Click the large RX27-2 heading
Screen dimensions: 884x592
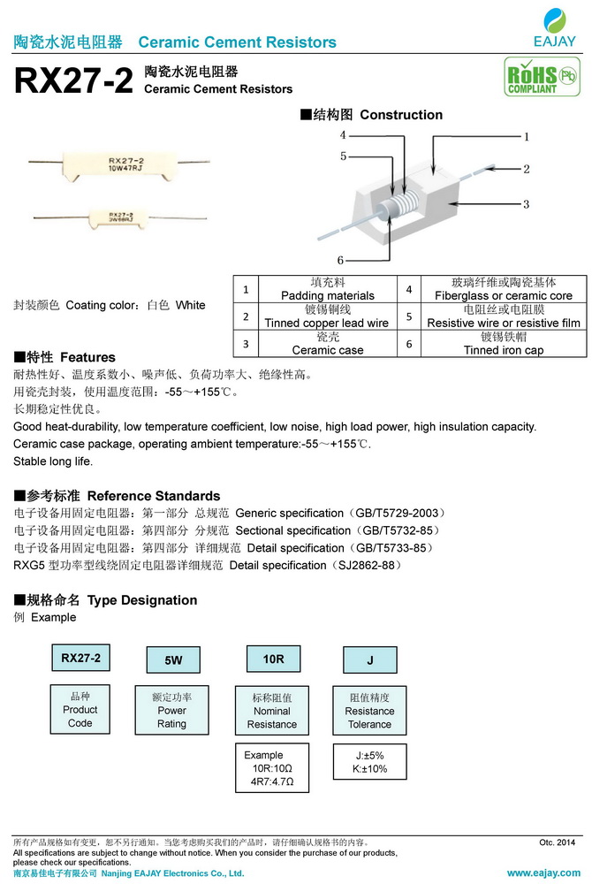(74, 81)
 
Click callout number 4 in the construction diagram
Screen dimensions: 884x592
(342, 135)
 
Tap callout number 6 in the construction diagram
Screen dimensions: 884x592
(340, 260)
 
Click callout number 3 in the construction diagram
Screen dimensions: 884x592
(526, 204)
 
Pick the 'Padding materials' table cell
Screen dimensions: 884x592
(327, 289)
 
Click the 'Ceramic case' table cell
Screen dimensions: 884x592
(327, 344)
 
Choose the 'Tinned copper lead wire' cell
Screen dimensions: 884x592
(327, 316)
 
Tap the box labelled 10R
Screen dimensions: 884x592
(273, 659)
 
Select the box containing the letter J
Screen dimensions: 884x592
(369, 659)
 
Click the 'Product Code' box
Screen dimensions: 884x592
(80, 709)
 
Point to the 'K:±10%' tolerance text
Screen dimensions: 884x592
(369, 768)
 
